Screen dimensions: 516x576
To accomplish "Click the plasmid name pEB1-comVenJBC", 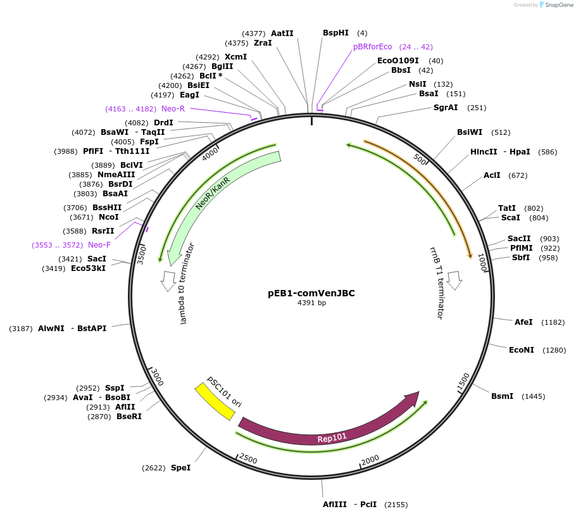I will pyautogui.click(x=311, y=293).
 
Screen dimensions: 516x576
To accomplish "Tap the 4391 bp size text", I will pyautogui.click(x=311, y=303).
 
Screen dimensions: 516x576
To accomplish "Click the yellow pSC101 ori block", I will pyautogui.click(x=215, y=401).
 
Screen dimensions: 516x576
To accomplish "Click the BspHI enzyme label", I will pyautogui.click(x=335, y=33).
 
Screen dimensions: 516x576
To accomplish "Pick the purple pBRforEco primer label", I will pyautogui.click(x=373, y=47).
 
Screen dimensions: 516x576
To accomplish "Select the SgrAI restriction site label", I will pyautogui.click(x=446, y=108).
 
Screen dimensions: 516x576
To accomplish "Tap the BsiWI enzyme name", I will pyautogui.click(x=470, y=132).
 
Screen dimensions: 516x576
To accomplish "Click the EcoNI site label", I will pyautogui.click(x=521, y=349).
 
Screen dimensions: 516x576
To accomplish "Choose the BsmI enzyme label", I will pyautogui.click(x=503, y=396).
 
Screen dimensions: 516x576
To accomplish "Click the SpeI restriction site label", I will pyautogui.click(x=180, y=468).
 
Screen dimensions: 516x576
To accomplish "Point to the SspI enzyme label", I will pyautogui.click(x=115, y=388).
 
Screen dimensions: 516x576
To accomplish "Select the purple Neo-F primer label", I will pyautogui.click(x=99, y=245).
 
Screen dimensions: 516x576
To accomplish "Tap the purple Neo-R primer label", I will pyautogui.click(x=173, y=109).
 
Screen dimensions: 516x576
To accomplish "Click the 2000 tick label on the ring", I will pyautogui.click(x=370, y=459).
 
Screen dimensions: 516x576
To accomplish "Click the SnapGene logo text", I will pyautogui.click(x=559, y=5).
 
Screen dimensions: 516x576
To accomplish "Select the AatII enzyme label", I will pyautogui.click(x=282, y=34).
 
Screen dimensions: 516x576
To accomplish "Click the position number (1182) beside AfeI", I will pyautogui.click(x=553, y=322).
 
